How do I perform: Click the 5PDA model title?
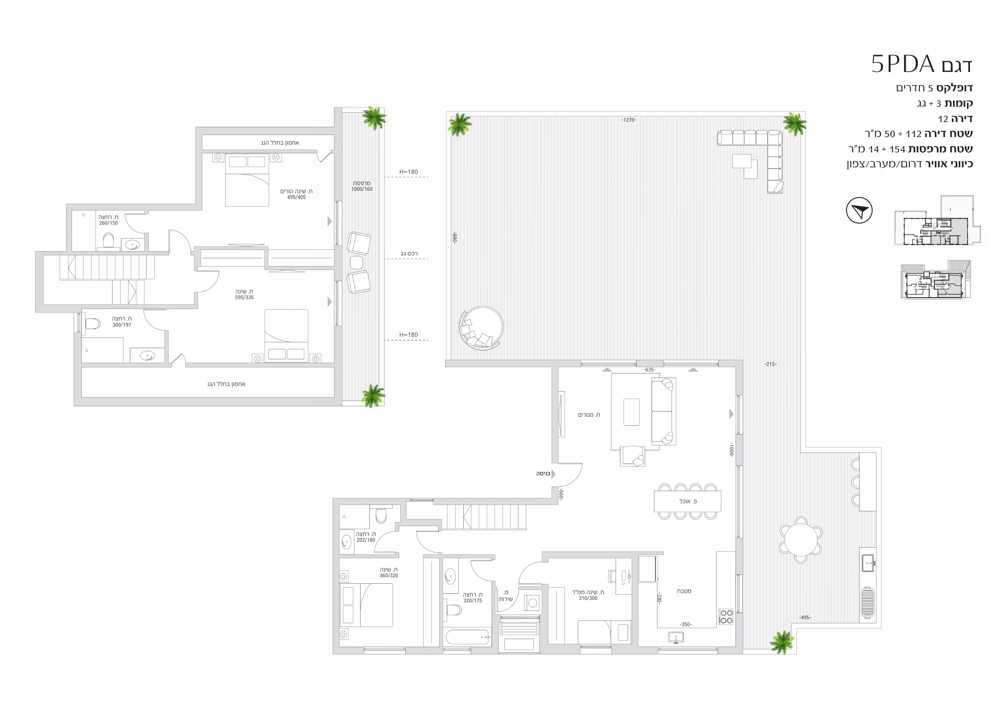(x=921, y=64)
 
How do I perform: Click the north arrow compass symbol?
(x=859, y=211)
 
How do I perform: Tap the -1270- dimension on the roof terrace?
(x=628, y=120)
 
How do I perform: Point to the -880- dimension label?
(x=455, y=238)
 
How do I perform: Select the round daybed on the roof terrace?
(x=481, y=328)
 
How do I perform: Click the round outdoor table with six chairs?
(x=801, y=540)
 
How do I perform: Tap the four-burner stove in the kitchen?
(x=726, y=617)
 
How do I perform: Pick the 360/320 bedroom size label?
(x=389, y=576)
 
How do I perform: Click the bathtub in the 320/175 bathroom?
(x=467, y=637)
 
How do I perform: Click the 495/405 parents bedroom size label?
(x=297, y=197)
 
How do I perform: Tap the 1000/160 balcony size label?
(x=362, y=189)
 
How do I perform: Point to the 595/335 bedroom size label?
(x=244, y=298)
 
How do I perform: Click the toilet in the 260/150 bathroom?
(x=108, y=240)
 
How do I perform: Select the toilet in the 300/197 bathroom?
(x=93, y=324)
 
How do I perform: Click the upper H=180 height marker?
(x=408, y=172)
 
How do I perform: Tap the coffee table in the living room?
(x=631, y=412)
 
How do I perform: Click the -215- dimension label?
(x=771, y=364)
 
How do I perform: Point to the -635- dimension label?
(x=650, y=369)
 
